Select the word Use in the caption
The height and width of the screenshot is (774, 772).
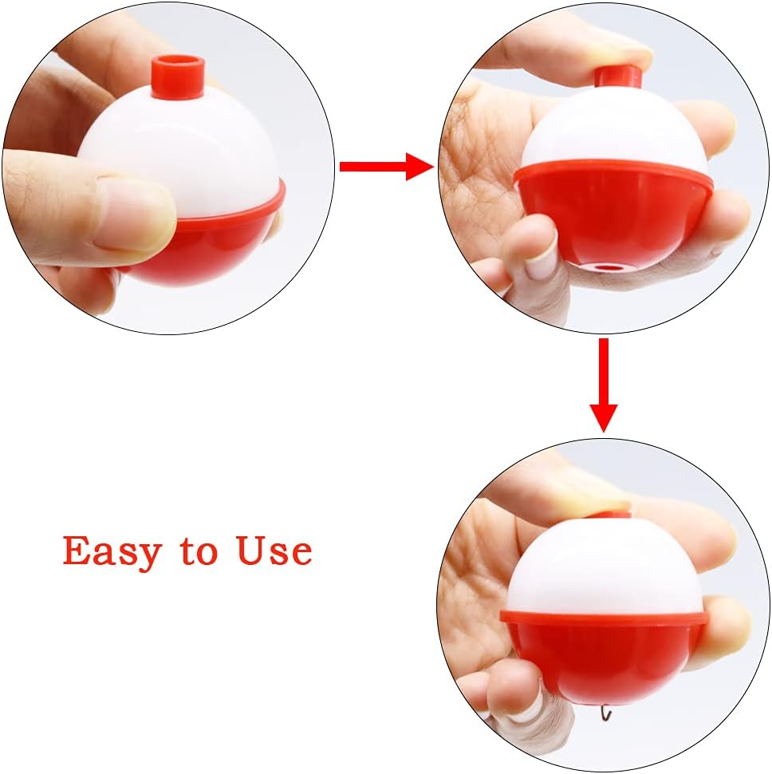pos(274,551)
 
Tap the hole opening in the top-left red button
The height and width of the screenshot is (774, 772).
pos(178,63)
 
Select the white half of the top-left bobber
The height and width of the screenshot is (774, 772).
pos(183,148)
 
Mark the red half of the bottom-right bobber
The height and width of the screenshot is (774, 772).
pos(603,650)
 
